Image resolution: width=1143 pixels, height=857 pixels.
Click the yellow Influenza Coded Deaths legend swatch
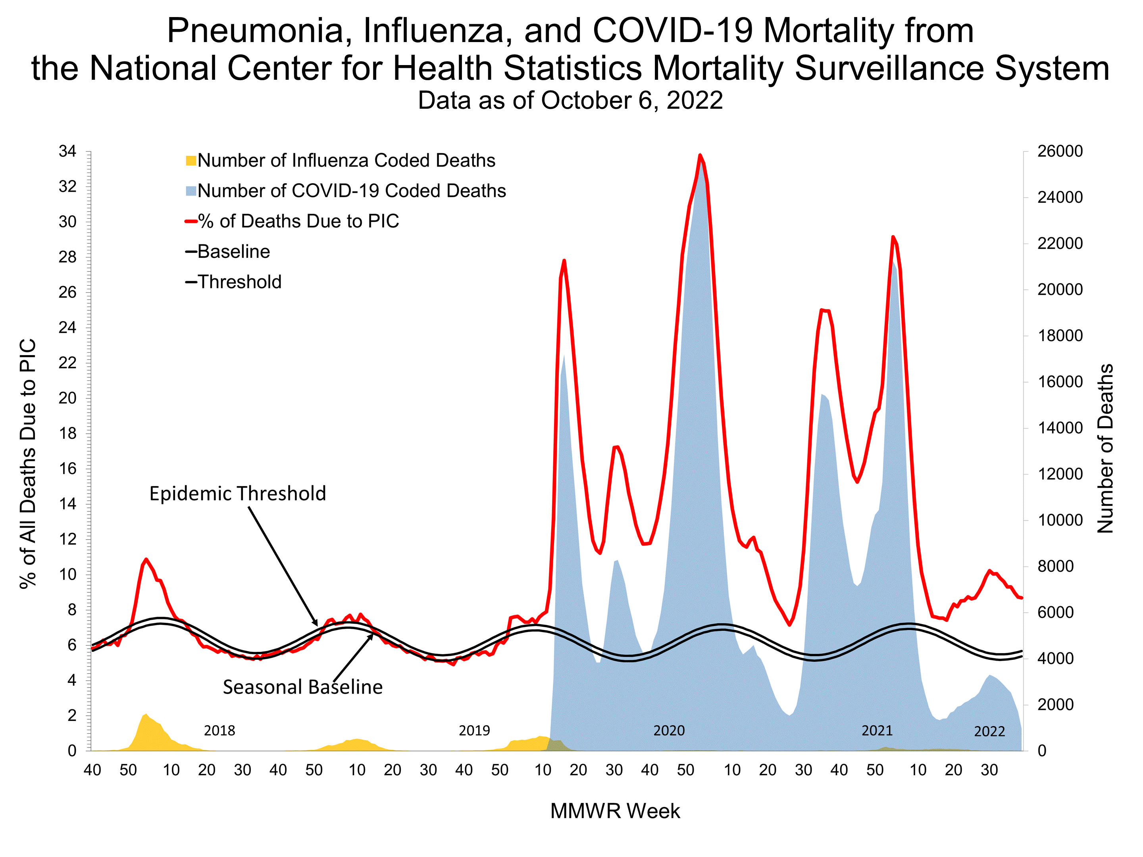[x=190, y=161]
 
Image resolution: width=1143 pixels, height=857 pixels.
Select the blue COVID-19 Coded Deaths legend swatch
[x=190, y=191]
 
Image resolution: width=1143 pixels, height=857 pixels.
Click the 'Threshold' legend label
[x=239, y=282]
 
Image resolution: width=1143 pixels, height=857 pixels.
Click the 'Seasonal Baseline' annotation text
[x=303, y=687]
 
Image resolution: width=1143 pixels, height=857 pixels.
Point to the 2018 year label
[x=219, y=730]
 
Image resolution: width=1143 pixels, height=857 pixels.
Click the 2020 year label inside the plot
[x=669, y=730]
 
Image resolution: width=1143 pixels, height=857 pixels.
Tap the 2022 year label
[x=989, y=731]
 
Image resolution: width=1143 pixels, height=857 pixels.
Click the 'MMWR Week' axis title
[x=615, y=811]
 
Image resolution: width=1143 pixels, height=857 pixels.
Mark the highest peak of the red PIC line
[x=700, y=155]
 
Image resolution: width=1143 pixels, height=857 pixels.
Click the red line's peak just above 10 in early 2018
[x=146, y=559]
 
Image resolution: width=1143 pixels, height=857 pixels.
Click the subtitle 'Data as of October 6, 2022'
[x=570, y=100]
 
